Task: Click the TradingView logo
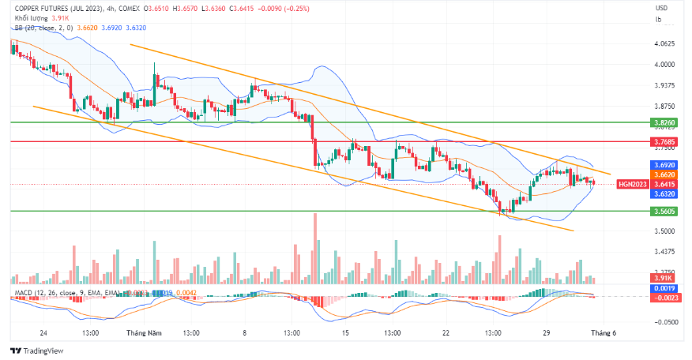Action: tap(36, 351)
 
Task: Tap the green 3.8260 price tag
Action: tap(664, 123)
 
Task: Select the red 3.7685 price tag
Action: tap(664, 142)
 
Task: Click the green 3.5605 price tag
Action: tap(664, 212)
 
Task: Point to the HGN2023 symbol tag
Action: tap(632, 184)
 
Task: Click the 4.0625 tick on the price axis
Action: tap(664, 43)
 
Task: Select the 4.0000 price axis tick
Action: tap(664, 65)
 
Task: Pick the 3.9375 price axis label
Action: tap(664, 85)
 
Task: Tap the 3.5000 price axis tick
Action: tap(664, 231)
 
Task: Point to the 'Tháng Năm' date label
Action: tap(142, 333)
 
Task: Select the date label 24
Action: tap(43, 333)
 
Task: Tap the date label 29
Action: tap(545, 333)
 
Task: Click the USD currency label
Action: tap(661, 8)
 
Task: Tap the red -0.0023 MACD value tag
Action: tap(664, 297)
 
